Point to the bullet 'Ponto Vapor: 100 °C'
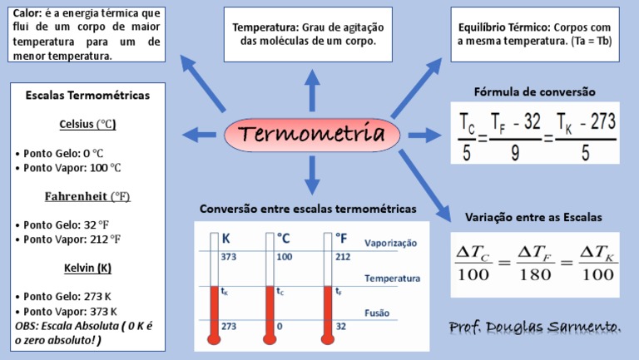[x=68, y=168]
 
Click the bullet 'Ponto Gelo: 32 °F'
[x=64, y=224]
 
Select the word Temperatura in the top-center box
[x=266, y=27]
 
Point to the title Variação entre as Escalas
[x=533, y=217]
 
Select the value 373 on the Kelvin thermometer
[x=229, y=257]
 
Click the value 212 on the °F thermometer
[x=342, y=257]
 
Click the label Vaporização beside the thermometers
[x=391, y=244]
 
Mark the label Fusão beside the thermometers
[x=378, y=313]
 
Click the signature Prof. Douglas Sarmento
[x=534, y=326]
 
